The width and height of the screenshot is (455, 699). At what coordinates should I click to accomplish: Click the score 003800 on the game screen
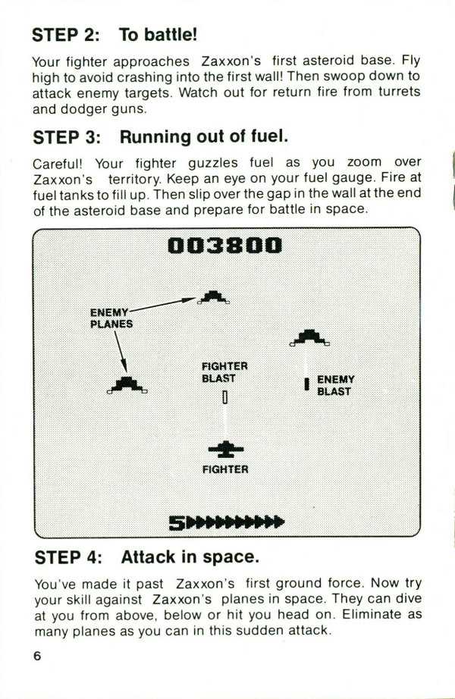pyautogui.click(x=224, y=246)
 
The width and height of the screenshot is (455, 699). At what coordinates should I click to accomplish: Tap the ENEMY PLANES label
pyautogui.click(x=111, y=318)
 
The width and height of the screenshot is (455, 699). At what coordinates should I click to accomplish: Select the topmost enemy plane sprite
pyautogui.click(x=214, y=297)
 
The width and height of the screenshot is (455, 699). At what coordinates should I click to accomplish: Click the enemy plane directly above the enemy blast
pyautogui.click(x=309, y=337)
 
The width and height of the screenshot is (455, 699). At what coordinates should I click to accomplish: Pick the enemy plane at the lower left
pyautogui.click(x=127, y=385)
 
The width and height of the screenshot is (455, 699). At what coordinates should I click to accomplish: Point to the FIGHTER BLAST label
pyautogui.click(x=224, y=372)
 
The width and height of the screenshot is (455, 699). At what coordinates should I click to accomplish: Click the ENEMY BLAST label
pyautogui.click(x=336, y=385)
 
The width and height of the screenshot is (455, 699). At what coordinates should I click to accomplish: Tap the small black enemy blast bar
pyautogui.click(x=307, y=384)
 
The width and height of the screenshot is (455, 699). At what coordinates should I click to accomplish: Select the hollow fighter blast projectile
pyautogui.click(x=224, y=397)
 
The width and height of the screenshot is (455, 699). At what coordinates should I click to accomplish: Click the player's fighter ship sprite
pyautogui.click(x=226, y=450)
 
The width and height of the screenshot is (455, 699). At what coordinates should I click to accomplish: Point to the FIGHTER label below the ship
pyautogui.click(x=225, y=469)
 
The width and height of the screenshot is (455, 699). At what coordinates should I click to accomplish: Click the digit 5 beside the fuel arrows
pyautogui.click(x=177, y=523)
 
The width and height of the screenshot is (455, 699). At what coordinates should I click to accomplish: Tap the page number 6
pyautogui.click(x=37, y=657)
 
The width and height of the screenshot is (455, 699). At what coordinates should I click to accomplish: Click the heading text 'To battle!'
pyautogui.click(x=158, y=35)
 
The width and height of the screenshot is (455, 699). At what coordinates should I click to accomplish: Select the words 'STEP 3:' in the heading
pyautogui.click(x=67, y=137)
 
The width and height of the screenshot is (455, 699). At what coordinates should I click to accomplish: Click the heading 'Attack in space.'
pyautogui.click(x=190, y=557)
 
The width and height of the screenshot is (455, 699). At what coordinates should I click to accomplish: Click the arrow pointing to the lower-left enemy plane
pyautogui.click(x=121, y=352)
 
